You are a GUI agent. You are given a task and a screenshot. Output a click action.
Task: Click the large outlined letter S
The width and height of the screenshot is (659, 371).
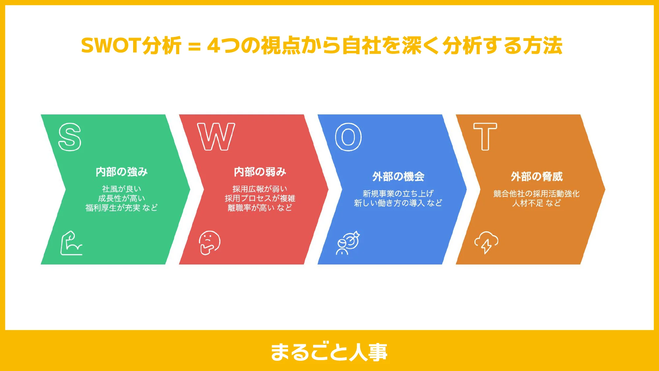pos(70,137)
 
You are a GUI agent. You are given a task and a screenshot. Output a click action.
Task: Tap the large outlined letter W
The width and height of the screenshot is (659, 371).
pos(216,137)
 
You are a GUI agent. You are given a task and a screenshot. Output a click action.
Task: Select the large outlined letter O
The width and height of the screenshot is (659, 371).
pos(348,137)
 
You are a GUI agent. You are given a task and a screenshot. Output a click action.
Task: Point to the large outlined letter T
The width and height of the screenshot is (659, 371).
pos(485,137)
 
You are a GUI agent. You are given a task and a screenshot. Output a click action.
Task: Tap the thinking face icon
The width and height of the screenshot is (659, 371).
pos(210,243)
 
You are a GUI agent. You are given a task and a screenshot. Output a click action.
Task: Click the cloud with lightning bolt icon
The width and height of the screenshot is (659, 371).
pos(486,242)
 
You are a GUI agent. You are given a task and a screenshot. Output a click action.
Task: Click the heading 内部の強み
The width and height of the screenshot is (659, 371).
pos(122,172)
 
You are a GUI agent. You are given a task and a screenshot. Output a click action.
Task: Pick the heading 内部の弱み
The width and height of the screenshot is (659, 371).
pos(260,172)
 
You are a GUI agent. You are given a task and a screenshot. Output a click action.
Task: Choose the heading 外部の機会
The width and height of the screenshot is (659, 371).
pos(398,177)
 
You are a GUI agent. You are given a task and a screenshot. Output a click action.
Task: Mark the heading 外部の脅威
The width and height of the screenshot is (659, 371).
pos(537,177)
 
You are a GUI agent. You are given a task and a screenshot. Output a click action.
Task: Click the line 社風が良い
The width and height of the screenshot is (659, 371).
pos(122,189)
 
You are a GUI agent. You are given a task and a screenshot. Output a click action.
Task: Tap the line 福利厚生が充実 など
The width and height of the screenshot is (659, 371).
pos(122,208)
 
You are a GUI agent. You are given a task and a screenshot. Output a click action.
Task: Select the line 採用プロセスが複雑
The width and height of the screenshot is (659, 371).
pos(260,198)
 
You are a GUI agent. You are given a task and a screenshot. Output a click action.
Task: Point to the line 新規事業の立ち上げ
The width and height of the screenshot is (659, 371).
pos(398,194)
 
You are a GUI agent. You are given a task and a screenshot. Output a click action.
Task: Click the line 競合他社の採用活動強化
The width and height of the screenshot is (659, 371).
pos(536,194)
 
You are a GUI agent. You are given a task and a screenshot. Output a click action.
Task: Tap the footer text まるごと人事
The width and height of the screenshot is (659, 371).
pos(329,352)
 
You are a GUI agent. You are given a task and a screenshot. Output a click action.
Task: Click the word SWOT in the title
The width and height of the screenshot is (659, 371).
pos(111,46)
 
